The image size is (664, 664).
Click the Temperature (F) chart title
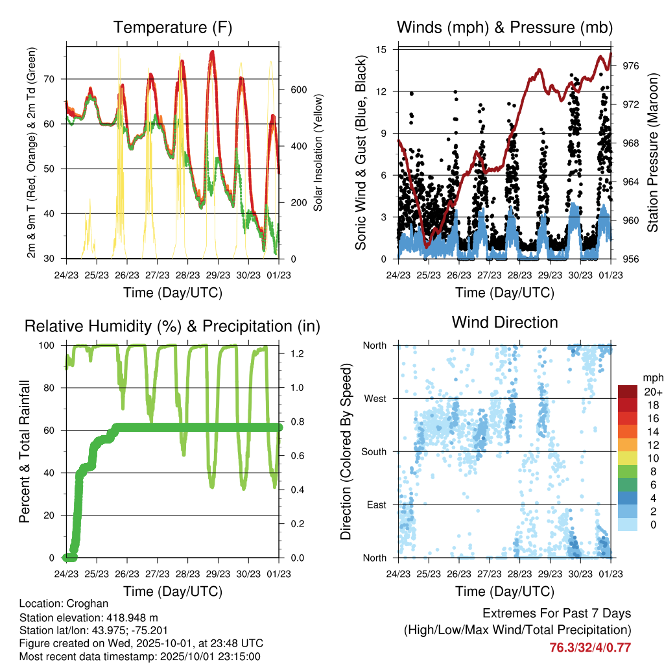pos(172,28)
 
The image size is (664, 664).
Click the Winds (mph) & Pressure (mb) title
pos(505,28)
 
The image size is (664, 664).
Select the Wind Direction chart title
pos(505,322)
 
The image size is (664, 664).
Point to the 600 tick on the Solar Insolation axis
pos(298,89)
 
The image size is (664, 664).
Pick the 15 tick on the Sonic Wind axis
pos(381,49)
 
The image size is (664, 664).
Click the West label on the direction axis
pos(374,398)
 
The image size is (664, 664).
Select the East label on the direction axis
pos(375,504)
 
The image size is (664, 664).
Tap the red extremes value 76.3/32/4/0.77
pos(590,647)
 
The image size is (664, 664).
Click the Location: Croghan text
pos(64,604)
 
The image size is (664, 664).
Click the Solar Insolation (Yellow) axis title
pos(318,152)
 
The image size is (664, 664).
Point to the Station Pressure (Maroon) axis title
pos(652,152)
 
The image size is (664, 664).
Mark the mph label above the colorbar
pos(651,377)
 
